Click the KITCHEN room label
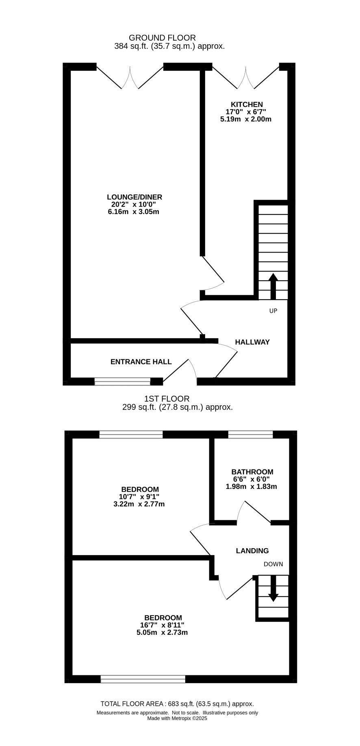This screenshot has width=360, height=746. coord(247,104)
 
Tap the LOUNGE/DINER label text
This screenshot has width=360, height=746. coord(135,197)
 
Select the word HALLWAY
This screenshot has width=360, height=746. coord(252,342)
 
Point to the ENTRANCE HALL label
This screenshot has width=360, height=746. coord(141,361)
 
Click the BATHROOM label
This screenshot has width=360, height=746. coord(252,472)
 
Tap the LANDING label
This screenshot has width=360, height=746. coord(252,551)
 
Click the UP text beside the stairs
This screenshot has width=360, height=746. coord(273,311)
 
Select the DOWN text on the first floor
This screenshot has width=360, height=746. coord(273,564)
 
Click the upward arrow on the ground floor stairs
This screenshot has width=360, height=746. coord(273,286)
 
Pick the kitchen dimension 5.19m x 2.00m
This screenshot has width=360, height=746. coord(246,119)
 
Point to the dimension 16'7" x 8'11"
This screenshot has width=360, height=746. coord(162,625)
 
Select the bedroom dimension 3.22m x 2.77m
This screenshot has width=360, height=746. coord(139,504)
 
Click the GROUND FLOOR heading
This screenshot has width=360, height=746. coord(162,38)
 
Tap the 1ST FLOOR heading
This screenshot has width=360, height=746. coord(167,399)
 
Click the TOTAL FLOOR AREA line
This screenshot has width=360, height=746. coord(177,704)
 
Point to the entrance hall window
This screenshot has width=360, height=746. coord(122,381)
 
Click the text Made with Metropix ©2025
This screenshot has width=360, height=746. coord(177,718)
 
